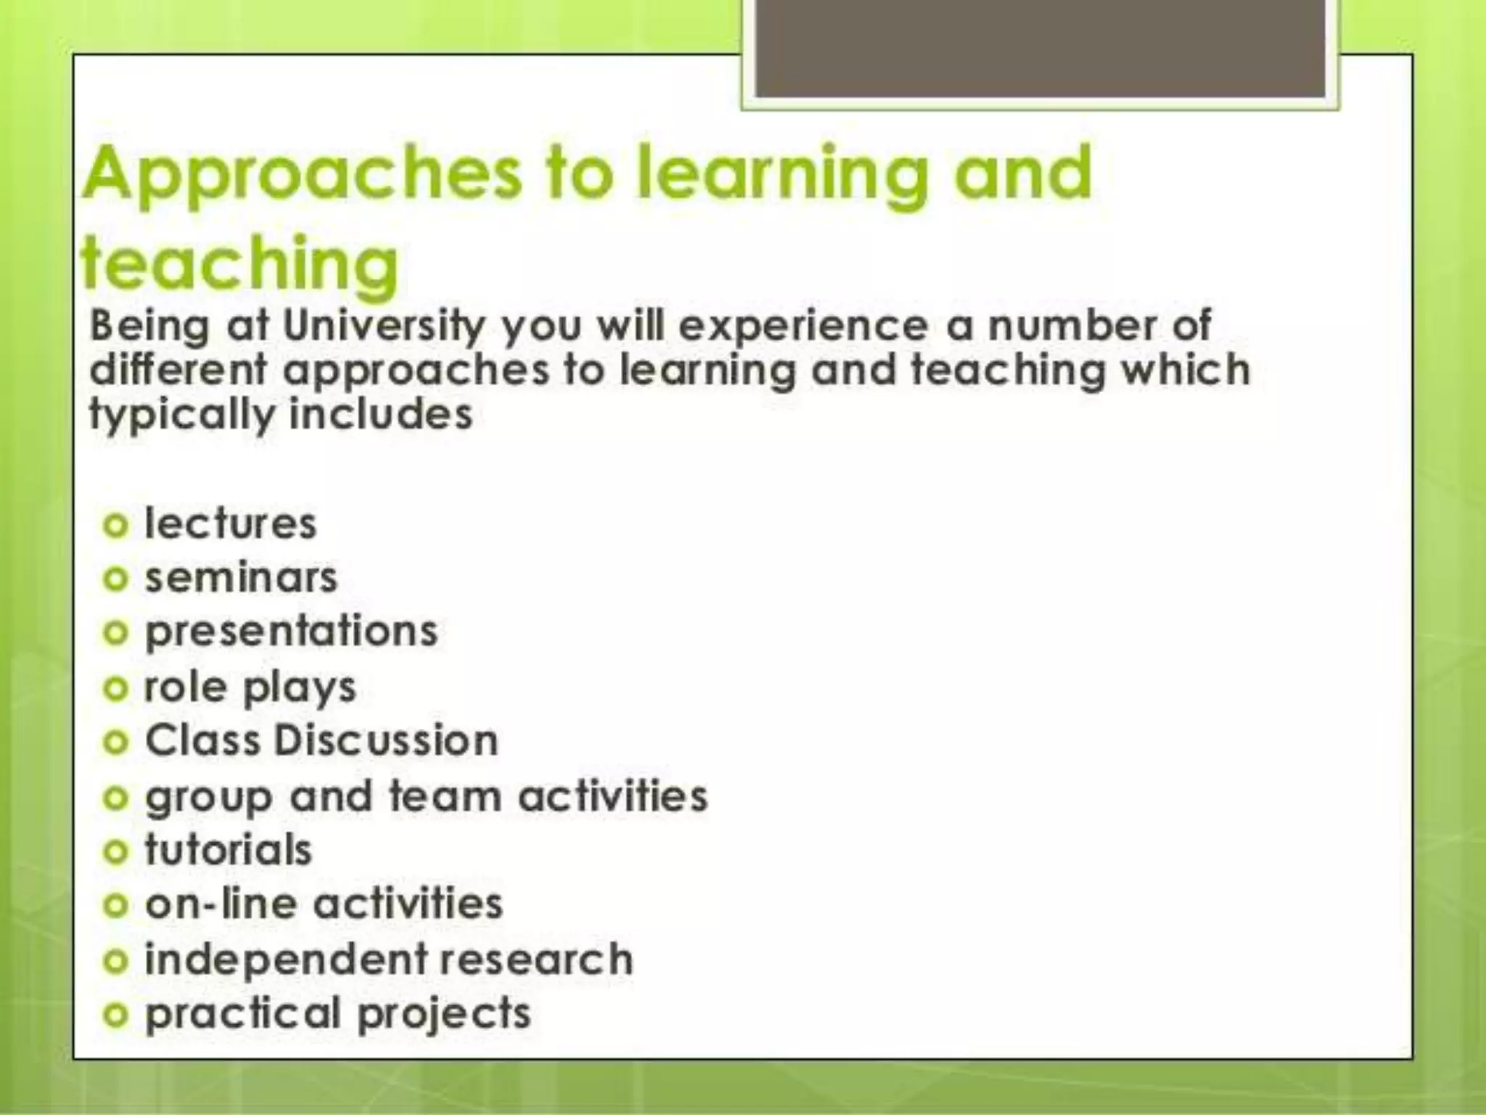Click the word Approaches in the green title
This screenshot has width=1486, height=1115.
click(x=301, y=174)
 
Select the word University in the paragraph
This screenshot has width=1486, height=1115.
click(x=383, y=326)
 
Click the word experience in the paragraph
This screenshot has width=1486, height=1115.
click(x=802, y=326)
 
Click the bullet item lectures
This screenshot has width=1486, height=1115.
click(x=231, y=524)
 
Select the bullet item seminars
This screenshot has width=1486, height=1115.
click(x=241, y=579)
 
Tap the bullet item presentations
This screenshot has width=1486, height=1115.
click(x=291, y=632)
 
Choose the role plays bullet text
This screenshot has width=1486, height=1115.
click(x=250, y=687)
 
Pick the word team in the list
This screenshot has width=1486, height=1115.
click(x=445, y=796)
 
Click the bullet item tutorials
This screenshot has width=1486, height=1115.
click(x=228, y=850)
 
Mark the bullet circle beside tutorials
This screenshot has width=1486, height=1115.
click(x=115, y=851)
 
